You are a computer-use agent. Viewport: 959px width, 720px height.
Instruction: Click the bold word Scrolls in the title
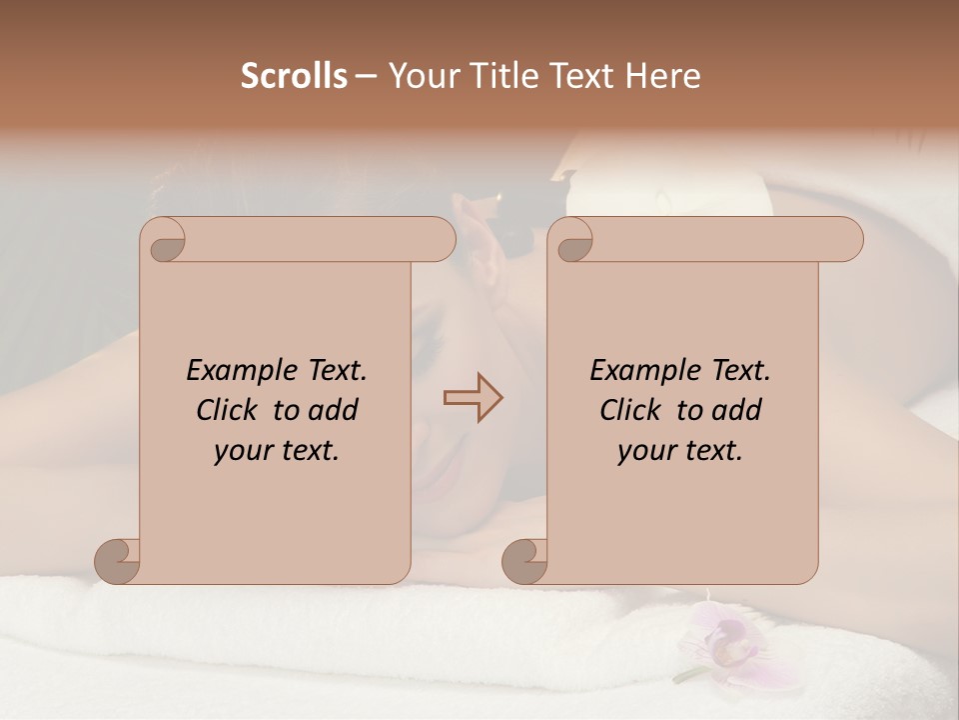pos(295,75)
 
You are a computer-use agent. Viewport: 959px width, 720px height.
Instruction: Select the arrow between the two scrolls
pos(473,397)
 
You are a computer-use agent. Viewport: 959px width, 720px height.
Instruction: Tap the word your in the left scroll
pos(242,451)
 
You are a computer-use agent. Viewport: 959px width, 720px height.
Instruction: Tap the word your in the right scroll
pos(645,451)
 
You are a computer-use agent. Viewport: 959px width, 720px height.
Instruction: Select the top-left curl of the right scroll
pos(572,241)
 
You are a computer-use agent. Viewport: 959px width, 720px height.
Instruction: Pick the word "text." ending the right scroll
pos(709,451)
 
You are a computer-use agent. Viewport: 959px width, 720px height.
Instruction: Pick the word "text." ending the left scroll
pos(306,451)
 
